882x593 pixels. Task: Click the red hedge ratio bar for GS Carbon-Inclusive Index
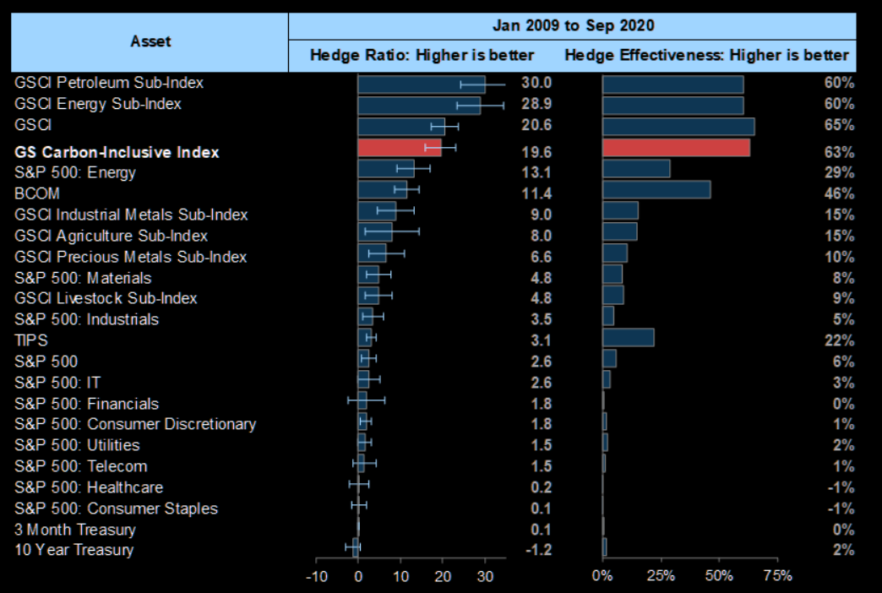pos(399,148)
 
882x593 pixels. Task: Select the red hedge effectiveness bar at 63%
pos(676,148)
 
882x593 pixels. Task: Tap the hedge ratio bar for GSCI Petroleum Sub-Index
pos(421,84)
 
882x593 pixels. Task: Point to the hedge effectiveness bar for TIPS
pos(628,338)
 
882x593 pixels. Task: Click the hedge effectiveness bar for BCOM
pos(656,189)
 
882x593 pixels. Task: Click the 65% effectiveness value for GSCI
pos(839,125)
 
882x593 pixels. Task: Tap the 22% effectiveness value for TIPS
pos(839,340)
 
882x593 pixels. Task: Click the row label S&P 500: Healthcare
pos(89,487)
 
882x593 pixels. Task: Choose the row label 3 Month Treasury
pos(75,530)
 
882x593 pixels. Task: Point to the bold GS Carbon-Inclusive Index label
pos(117,152)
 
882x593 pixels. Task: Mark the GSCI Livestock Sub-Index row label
pos(106,298)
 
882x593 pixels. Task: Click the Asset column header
pos(150,41)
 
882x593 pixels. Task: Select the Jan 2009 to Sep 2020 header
pos(573,25)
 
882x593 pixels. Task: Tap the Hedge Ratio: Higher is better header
pos(422,55)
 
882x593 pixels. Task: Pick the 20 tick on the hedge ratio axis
pos(443,576)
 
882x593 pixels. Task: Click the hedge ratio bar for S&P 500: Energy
pos(386,169)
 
